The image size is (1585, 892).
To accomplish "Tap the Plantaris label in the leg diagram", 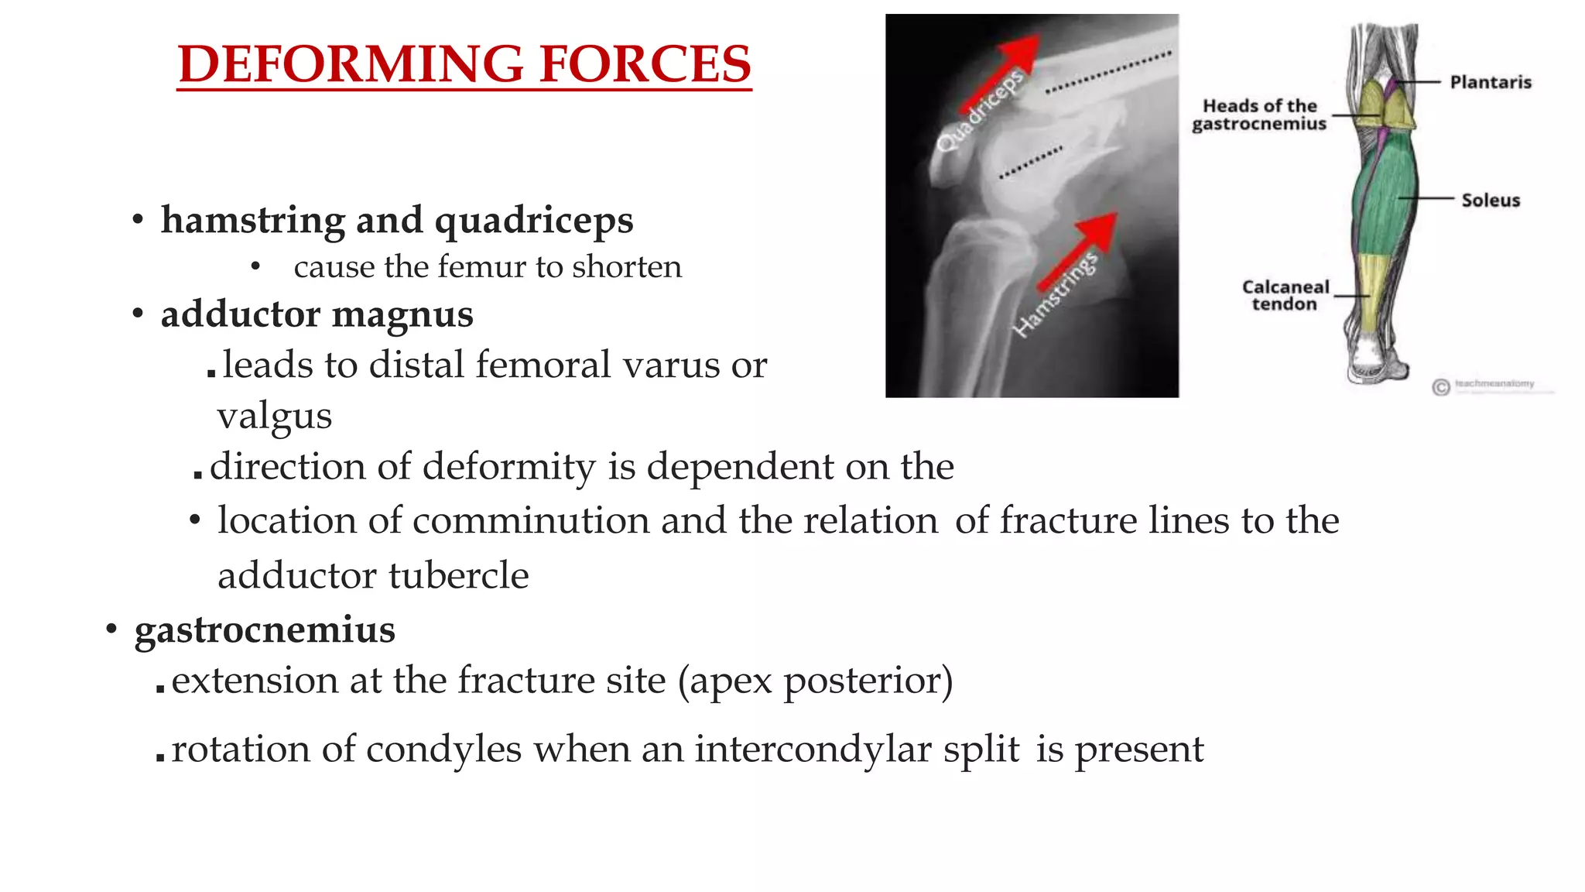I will [1490, 82].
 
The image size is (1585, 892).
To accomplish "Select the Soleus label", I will [1490, 201].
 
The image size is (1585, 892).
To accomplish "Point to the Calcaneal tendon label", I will [1285, 295].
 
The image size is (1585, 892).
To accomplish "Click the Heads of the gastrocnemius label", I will [1259, 115].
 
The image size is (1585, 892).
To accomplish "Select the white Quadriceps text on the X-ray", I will [979, 111].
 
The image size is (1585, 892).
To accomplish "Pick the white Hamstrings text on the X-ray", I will [1055, 296].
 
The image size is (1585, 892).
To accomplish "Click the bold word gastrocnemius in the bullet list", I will [265, 629].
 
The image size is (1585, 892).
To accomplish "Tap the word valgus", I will [274, 416].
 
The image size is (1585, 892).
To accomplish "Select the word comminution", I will [530, 520].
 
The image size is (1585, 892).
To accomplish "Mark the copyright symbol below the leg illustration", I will [1440, 387].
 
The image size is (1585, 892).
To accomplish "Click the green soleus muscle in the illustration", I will [1385, 197].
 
